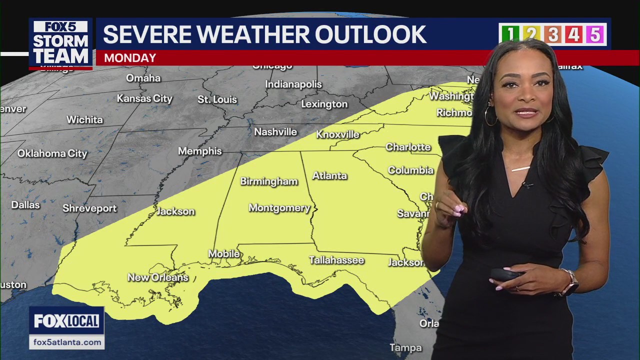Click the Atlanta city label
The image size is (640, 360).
tap(329, 176)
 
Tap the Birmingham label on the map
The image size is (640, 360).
tap(269, 181)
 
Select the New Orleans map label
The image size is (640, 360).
tap(157, 277)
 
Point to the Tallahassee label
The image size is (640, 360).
tap(336, 260)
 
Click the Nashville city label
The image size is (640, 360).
tap(275, 132)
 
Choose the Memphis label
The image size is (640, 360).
tap(200, 151)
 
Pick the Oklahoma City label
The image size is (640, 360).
tap(52, 153)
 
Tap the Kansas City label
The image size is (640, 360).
tap(144, 98)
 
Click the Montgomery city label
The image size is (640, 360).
tap(279, 208)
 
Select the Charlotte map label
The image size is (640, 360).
tap(408, 147)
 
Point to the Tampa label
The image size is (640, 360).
tap(405, 347)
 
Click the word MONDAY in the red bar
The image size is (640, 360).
tap(130, 58)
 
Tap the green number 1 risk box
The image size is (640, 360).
tap(509, 34)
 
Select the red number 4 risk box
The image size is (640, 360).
tap(573, 34)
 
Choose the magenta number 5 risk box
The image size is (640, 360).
tap(595, 34)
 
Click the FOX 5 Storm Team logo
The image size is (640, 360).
tap(60, 43)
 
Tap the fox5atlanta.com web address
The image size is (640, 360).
tap(66, 342)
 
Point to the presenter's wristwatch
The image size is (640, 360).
tap(570, 282)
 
